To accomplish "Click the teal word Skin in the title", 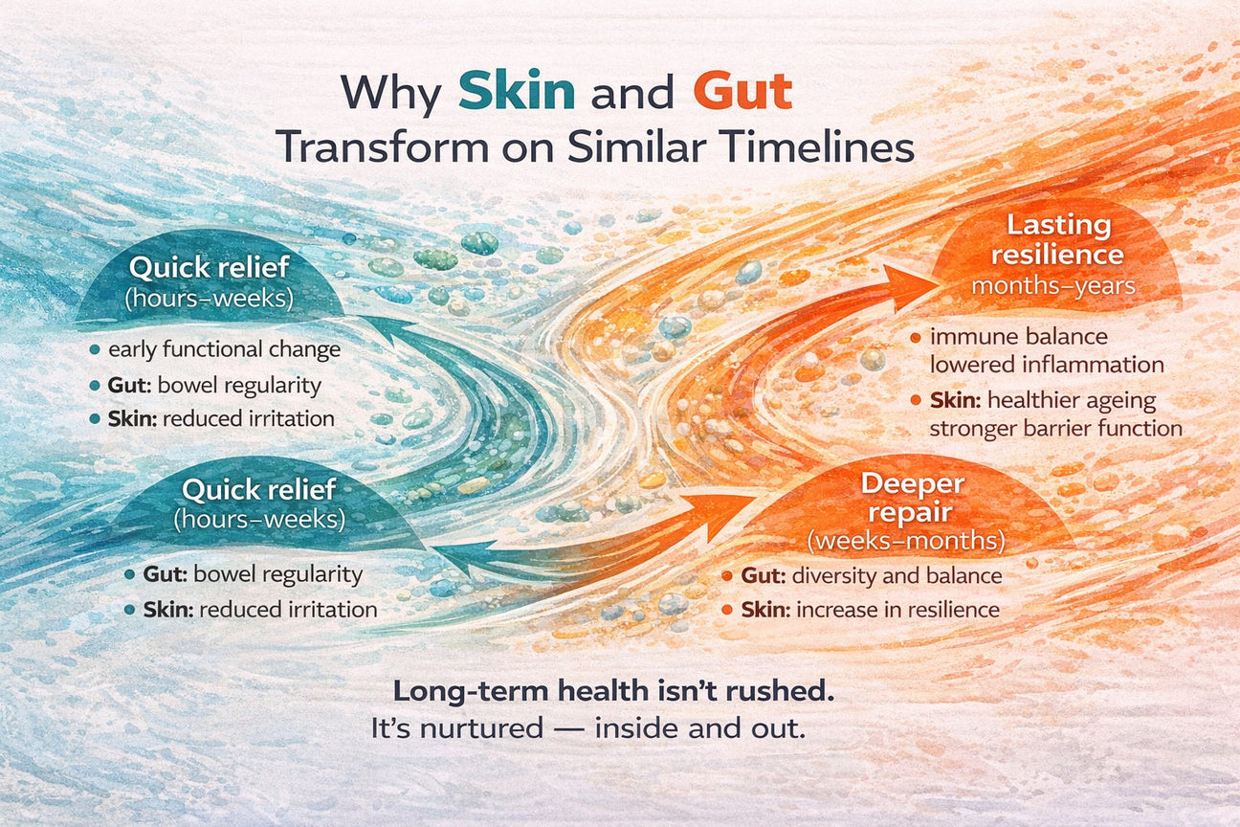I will pyautogui.click(x=517, y=93).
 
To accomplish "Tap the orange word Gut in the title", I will pyautogui.click(x=742, y=93).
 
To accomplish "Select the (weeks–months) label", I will pyautogui.click(x=905, y=541).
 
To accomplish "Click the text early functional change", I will pyautogui.click(x=225, y=349).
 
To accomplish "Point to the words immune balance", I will pyautogui.click(x=1018, y=337).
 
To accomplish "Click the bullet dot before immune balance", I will pyautogui.click(x=916, y=338).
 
